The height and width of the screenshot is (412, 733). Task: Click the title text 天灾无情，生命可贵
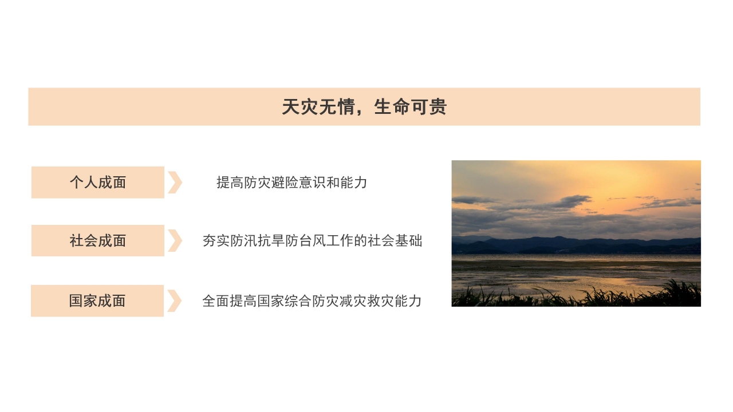[364, 107]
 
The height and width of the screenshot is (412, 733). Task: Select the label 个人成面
[98, 183]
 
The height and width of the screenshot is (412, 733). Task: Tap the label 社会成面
[98, 241]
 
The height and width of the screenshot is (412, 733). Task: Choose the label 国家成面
[97, 301]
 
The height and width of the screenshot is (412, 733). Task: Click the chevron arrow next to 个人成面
[175, 183]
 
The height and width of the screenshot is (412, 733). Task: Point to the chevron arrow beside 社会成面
[175, 241]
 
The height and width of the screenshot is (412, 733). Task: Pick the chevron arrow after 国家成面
[175, 301]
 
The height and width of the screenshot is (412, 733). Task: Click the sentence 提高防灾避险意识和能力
[291, 183]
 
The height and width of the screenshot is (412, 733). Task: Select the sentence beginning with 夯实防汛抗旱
[312, 241]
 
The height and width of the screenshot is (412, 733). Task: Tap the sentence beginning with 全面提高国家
[312, 301]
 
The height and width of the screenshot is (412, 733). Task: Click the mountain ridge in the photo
[550, 243]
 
